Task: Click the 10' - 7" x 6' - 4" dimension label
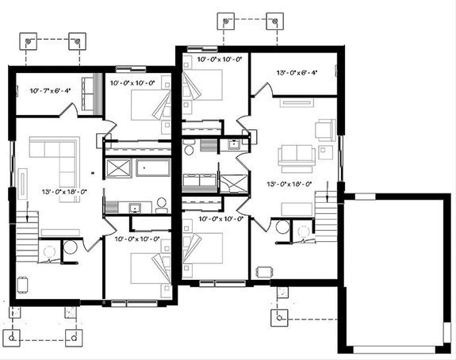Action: tap(50, 90)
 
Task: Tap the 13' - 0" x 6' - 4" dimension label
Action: tap(297, 72)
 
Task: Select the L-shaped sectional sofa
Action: tap(55, 169)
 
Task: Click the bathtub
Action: tap(153, 168)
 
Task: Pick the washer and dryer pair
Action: tap(200, 180)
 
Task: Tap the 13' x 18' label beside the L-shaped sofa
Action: tap(64, 192)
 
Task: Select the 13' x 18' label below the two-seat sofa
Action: tap(289, 184)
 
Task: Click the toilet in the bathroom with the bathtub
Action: tap(161, 205)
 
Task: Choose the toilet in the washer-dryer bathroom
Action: tap(190, 147)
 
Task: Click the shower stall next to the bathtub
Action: tap(119, 168)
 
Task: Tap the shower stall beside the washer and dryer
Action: tap(233, 183)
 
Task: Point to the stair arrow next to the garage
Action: tap(328, 191)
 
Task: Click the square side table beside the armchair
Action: tap(325, 152)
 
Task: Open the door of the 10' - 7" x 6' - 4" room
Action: tap(69, 110)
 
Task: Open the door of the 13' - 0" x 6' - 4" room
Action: tap(263, 89)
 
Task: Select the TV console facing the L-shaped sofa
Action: tap(22, 184)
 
